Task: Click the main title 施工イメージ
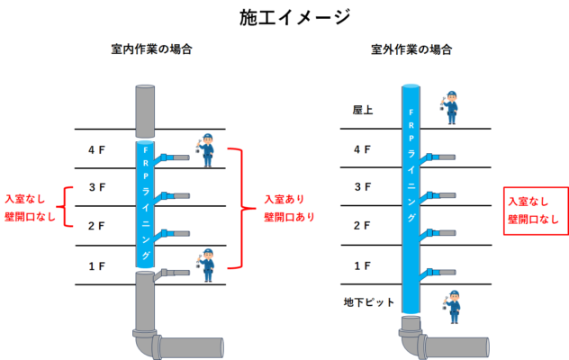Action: (294, 17)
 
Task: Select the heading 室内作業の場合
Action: (151, 49)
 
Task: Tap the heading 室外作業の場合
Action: (411, 49)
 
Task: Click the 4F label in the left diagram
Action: (96, 150)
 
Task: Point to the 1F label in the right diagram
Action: (362, 266)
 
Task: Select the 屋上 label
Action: (363, 110)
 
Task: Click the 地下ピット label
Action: (369, 301)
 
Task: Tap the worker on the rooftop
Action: (450, 107)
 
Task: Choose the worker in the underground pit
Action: (452, 307)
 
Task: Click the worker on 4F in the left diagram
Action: (206, 150)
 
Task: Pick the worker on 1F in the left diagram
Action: (206, 265)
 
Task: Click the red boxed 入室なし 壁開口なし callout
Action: (536, 211)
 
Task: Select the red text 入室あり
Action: (284, 199)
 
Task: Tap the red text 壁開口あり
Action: (289, 217)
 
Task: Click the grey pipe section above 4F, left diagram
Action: (145, 112)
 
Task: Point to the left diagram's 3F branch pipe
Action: (171, 198)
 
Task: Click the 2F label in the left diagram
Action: (96, 226)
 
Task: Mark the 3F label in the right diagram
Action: (363, 187)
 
